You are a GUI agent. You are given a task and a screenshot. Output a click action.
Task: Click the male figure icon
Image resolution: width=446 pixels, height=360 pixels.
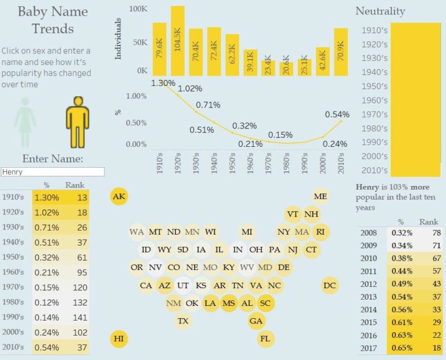pyautogui.click(x=77, y=121)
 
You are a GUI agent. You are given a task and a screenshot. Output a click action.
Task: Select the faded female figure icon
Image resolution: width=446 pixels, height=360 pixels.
pyautogui.click(x=25, y=121)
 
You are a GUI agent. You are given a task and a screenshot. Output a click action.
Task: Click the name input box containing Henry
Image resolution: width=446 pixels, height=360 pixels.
pyautogui.click(x=53, y=172)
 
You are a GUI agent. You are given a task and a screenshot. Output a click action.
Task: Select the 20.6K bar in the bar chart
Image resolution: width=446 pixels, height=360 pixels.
pyautogui.click(x=285, y=65)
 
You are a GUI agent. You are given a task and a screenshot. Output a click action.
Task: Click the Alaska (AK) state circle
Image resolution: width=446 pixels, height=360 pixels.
pyautogui.click(x=119, y=197)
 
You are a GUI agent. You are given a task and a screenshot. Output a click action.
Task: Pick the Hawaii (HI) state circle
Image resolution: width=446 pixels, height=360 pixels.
pyautogui.click(x=119, y=339)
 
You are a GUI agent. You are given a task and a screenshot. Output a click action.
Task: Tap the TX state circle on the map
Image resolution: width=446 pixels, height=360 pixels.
pyautogui.click(x=183, y=321)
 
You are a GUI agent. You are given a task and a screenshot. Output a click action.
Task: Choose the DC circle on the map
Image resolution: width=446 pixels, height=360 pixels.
pyautogui.click(x=330, y=285)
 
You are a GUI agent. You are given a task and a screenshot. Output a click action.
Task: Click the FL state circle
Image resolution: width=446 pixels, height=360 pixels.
pyautogui.click(x=266, y=339)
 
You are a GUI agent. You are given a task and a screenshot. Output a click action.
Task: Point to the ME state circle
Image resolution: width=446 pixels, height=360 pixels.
pyautogui.click(x=321, y=196)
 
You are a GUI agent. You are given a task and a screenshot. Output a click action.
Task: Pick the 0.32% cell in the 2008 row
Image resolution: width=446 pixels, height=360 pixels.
pyautogui.click(x=398, y=233)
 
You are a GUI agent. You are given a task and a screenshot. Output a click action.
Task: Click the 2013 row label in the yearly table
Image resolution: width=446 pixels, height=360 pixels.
pyautogui.click(x=369, y=297)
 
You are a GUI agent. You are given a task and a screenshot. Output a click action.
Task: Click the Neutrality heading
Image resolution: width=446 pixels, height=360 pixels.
pyautogui.click(x=380, y=11)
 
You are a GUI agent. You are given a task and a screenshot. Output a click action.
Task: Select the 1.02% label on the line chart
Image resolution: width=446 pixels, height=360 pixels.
pyautogui.click(x=190, y=89)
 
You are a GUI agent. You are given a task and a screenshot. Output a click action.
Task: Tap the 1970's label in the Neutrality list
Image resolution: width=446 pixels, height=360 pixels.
pyautogui.click(x=375, y=114)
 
